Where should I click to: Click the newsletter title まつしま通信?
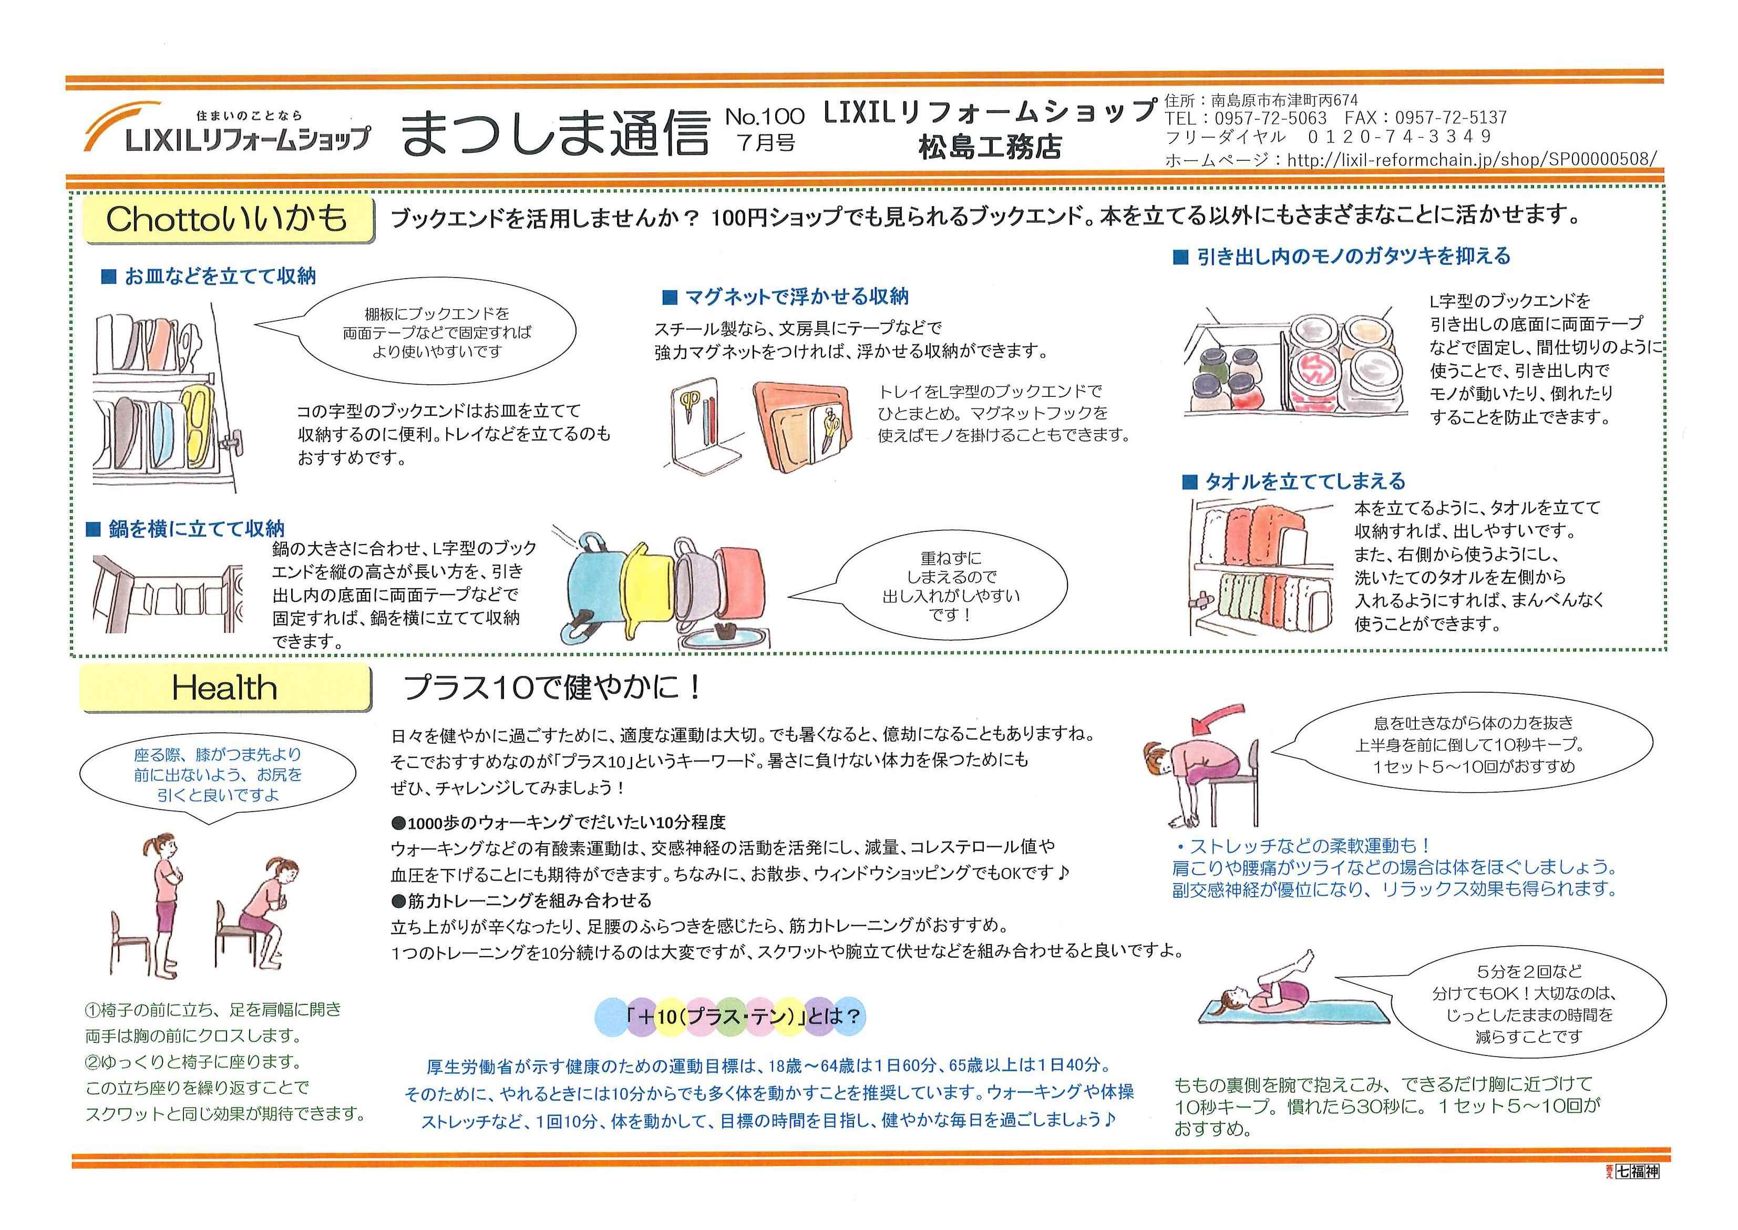pyautogui.click(x=555, y=132)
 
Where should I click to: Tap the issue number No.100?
pyautogui.click(x=765, y=116)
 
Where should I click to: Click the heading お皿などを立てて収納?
pyautogui.click(x=209, y=276)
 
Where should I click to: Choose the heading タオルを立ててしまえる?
pyautogui.click(x=1294, y=481)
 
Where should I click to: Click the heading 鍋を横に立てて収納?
pyautogui.click(x=186, y=529)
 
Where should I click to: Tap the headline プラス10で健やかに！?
pyautogui.click(x=553, y=688)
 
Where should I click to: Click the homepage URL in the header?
pyautogui.click(x=1410, y=160)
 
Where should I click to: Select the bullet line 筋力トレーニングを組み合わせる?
pyautogui.click(x=522, y=900)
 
